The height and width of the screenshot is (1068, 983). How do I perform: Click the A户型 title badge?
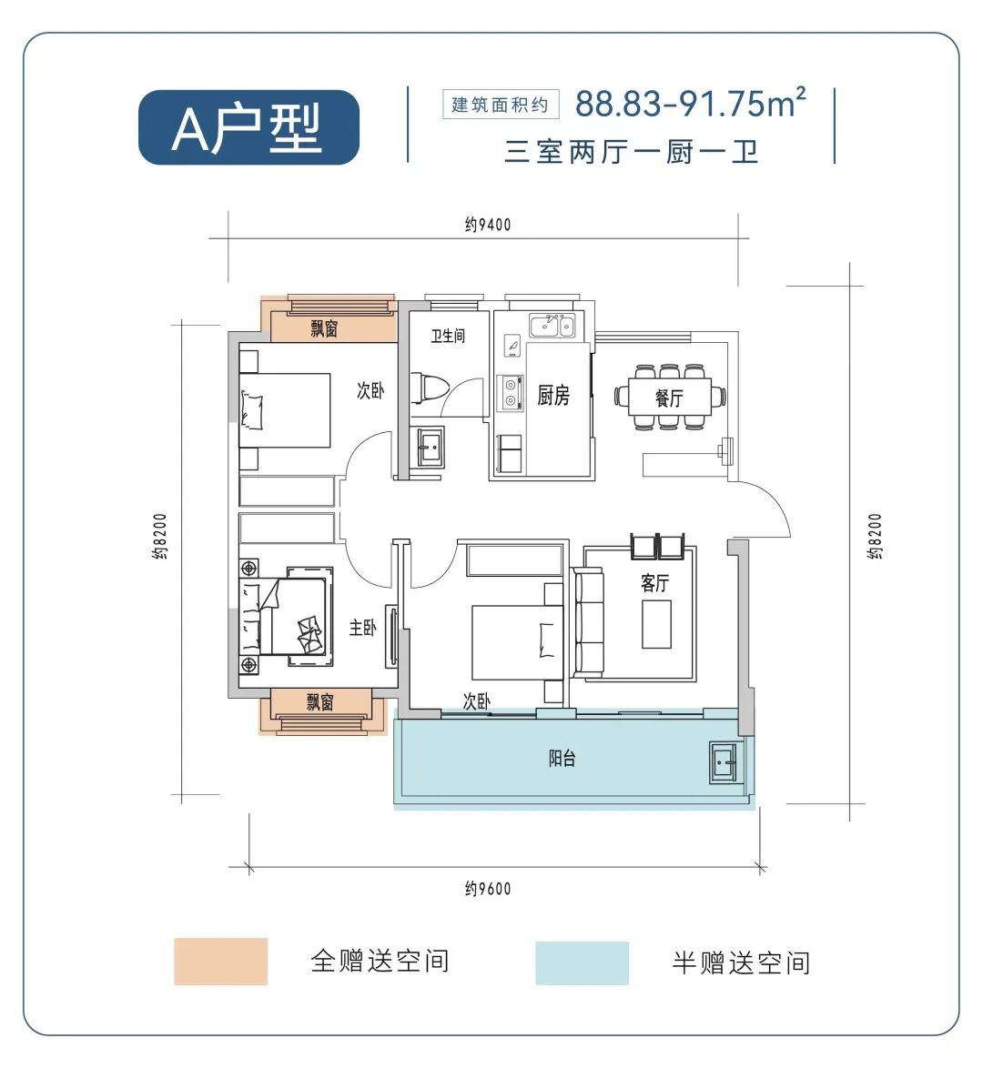pyautogui.click(x=248, y=127)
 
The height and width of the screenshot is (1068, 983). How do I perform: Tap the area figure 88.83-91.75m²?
pyautogui.click(x=690, y=103)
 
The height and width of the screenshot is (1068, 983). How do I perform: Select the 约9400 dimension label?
pyautogui.click(x=488, y=225)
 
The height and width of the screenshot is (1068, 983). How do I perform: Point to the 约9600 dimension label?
pyautogui.click(x=488, y=889)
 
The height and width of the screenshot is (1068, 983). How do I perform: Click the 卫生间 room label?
pyautogui.click(x=448, y=337)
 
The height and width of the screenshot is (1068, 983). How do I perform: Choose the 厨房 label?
pyautogui.click(x=553, y=396)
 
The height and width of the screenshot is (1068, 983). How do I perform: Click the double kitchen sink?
pyautogui.click(x=552, y=325)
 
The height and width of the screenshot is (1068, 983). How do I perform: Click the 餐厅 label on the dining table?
pyautogui.click(x=669, y=398)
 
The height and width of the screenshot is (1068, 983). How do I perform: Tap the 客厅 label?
pyautogui.click(x=654, y=583)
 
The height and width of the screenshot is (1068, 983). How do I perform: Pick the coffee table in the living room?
pyautogui.click(x=656, y=624)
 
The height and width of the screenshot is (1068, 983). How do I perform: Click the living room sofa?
pyautogui.click(x=588, y=621)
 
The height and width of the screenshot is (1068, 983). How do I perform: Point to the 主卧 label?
pyautogui.click(x=362, y=628)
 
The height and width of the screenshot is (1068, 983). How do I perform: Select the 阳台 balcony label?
pyautogui.click(x=562, y=758)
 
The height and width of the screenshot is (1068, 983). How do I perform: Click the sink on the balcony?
pyautogui.click(x=726, y=761)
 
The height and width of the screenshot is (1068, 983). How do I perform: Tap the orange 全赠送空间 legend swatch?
pyautogui.click(x=221, y=962)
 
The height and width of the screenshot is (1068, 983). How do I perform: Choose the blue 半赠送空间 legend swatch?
pyautogui.click(x=582, y=962)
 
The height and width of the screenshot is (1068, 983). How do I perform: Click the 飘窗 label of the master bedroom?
pyautogui.click(x=320, y=701)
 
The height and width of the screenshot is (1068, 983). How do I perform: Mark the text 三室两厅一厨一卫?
pyautogui.click(x=632, y=151)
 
